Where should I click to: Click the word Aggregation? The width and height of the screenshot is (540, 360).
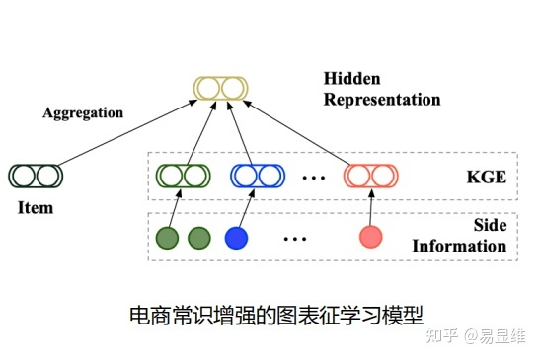pos(83,112)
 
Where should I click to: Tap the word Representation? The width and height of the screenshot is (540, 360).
pos(382,99)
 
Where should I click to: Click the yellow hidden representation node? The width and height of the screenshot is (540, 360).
pos(218,88)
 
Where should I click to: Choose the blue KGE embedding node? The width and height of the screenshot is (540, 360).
pos(257,176)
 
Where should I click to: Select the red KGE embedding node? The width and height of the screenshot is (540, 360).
pos(370,176)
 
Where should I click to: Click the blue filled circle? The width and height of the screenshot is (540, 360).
pos(235,237)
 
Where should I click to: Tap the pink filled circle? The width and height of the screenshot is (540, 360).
pos(370,237)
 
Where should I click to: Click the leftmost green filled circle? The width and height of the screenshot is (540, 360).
pos(168,237)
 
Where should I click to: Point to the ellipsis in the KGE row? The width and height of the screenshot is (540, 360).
pos(313,177)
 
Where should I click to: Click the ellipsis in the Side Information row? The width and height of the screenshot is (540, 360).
pos(294,238)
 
